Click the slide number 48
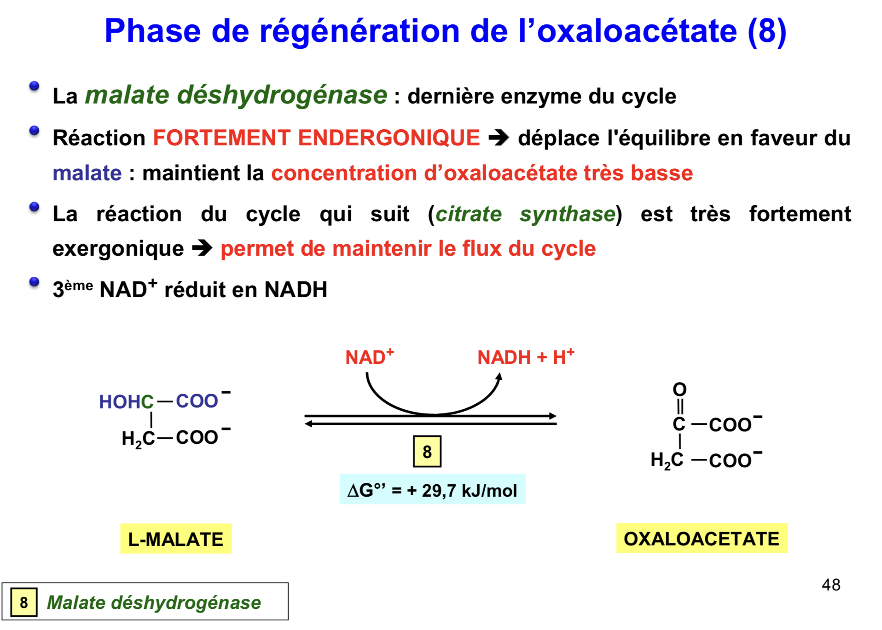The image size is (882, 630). coord(831,585)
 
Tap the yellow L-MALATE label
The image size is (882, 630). coord(175,538)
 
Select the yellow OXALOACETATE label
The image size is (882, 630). coord(702,538)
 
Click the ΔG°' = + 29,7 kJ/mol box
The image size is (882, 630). coord(432,490)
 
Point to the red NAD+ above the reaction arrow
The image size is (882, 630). coord(369,357)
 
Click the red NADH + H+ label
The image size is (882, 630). coord(526,357)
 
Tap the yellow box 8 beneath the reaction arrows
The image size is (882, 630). coord(427,452)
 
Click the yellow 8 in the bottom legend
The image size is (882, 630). coord(24,602)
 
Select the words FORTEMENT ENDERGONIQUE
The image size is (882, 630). coord(316,137)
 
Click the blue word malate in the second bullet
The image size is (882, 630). coord(87,173)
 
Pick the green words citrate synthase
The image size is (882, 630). coord(525,214)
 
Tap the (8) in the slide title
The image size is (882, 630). coord(767,31)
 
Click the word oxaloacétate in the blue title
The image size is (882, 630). coord(637,31)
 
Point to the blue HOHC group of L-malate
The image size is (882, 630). coord(126,401)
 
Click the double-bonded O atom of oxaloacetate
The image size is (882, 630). coord(679,389)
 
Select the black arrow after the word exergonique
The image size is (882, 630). coord(202,248)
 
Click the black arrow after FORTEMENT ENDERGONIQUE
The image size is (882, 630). coord(499,137)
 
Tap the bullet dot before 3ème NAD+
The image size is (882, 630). coord(34,282)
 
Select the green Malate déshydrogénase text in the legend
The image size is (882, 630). coord(154,602)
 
